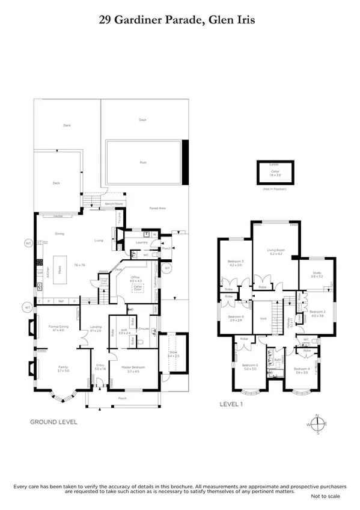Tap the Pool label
click(x=142, y=162)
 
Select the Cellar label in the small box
click(x=275, y=171)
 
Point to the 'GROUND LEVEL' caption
click(x=53, y=422)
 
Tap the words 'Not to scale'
click(x=325, y=496)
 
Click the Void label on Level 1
click(x=263, y=319)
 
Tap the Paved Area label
click(x=157, y=208)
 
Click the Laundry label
click(x=142, y=242)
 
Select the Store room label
click(x=172, y=354)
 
